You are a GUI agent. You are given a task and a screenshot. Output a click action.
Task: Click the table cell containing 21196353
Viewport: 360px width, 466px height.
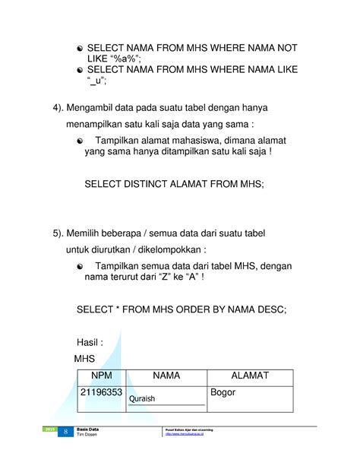101,393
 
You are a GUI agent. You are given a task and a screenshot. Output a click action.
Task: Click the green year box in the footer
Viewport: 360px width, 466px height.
50,431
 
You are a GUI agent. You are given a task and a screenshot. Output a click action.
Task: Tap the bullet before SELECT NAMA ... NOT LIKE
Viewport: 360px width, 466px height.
81,48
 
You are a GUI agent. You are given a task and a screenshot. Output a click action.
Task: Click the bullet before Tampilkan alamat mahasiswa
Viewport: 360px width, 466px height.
81,140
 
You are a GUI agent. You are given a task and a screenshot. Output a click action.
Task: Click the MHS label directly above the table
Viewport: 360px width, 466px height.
85,358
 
